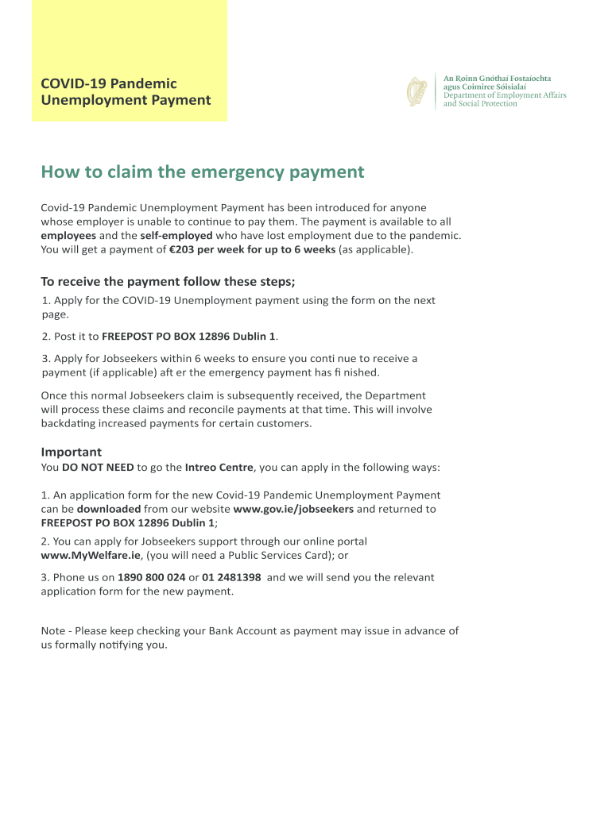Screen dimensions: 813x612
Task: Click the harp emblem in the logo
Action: (x=416, y=91)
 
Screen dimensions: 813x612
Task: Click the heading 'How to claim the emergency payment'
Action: (x=203, y=172)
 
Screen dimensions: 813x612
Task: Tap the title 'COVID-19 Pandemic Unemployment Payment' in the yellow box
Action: (x=126, y=91)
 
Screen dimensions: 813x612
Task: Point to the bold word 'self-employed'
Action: (x=176, y=236)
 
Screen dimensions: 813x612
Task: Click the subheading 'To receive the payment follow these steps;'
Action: (x=168, y=282)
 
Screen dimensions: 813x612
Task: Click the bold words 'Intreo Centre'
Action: (x=219, y=468)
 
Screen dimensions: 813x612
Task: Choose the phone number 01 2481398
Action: (x=231, y=578)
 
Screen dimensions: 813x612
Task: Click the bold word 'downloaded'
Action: (x=109, y=509)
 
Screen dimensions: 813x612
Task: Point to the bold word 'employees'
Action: (x=68, y=236)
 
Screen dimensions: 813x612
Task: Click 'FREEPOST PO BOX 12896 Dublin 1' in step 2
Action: (x=189, y=337)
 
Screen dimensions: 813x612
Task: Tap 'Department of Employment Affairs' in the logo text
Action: (x=505, y=95)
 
